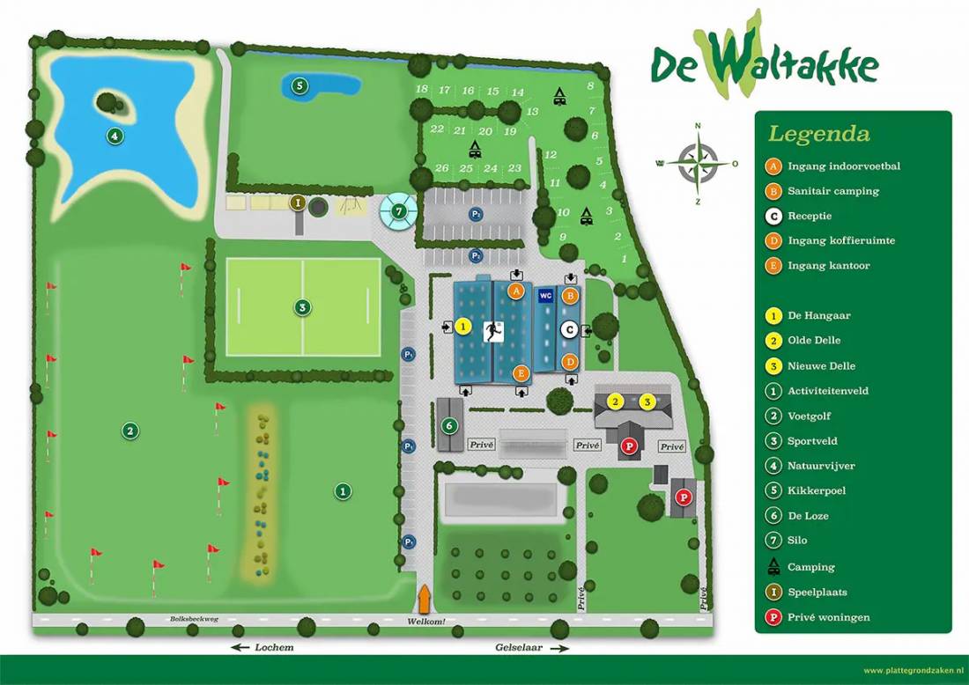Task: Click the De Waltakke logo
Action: [765, 60]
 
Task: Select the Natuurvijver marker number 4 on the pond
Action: [114, 136]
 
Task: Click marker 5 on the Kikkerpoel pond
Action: [300, 85]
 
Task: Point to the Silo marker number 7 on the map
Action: [399, 211]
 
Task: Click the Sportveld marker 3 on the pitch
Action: [302, 307]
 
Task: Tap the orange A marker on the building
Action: [517, 290]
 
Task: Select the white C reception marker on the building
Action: [570, 329]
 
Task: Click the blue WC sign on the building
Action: [545, 296]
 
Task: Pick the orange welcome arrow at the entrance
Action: [424, 600]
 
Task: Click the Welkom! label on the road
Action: [426, 622]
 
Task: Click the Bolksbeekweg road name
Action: [195, 620]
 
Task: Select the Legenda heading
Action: [818, 134]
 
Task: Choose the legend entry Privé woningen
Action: [828, 617]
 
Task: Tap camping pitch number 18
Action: [421, 89]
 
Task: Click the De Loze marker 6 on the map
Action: [449, 426]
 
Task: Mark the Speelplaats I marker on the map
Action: [298, 203]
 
